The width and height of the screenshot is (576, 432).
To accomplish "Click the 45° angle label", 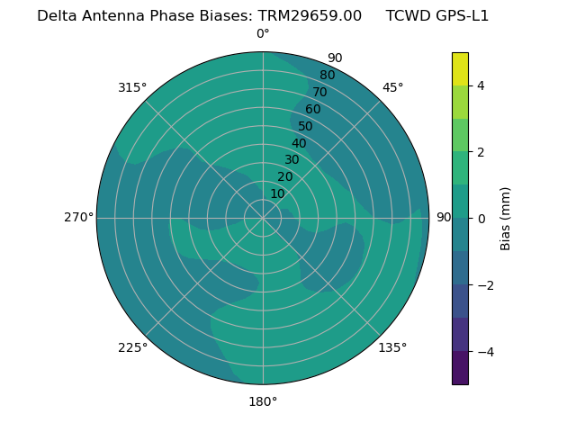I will pos(393,88).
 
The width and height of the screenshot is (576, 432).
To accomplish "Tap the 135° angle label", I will pos(392,347).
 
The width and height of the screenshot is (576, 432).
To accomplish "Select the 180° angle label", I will pos(263,401).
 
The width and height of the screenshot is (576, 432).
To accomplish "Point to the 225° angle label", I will pos(132,347).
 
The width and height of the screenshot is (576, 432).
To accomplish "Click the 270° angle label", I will pos(78,218).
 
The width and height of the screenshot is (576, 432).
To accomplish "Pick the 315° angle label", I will pos(132,88).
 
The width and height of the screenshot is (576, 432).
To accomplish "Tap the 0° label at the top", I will pos(263,34).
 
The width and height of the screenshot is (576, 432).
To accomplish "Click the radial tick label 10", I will pos(277,194).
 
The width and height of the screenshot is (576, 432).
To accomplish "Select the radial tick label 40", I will pos(299,143).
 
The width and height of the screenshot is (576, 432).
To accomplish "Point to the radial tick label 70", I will pos(319,92).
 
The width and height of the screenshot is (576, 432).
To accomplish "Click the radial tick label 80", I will pos(327,76).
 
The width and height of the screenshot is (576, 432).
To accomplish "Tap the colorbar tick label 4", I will pos(481,85).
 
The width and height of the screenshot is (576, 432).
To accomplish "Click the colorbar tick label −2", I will pos(484,285).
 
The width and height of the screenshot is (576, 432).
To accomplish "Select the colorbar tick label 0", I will pos(481,219).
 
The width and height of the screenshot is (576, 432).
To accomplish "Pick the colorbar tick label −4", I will pos(484,352).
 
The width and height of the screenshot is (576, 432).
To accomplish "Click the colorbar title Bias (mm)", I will pos(506,219).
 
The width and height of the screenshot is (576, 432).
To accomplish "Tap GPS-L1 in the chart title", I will pos(463,16).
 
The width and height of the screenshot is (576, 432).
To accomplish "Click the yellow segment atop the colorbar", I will pos(460,68).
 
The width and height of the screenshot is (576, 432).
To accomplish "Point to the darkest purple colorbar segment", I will pos(460,368).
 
